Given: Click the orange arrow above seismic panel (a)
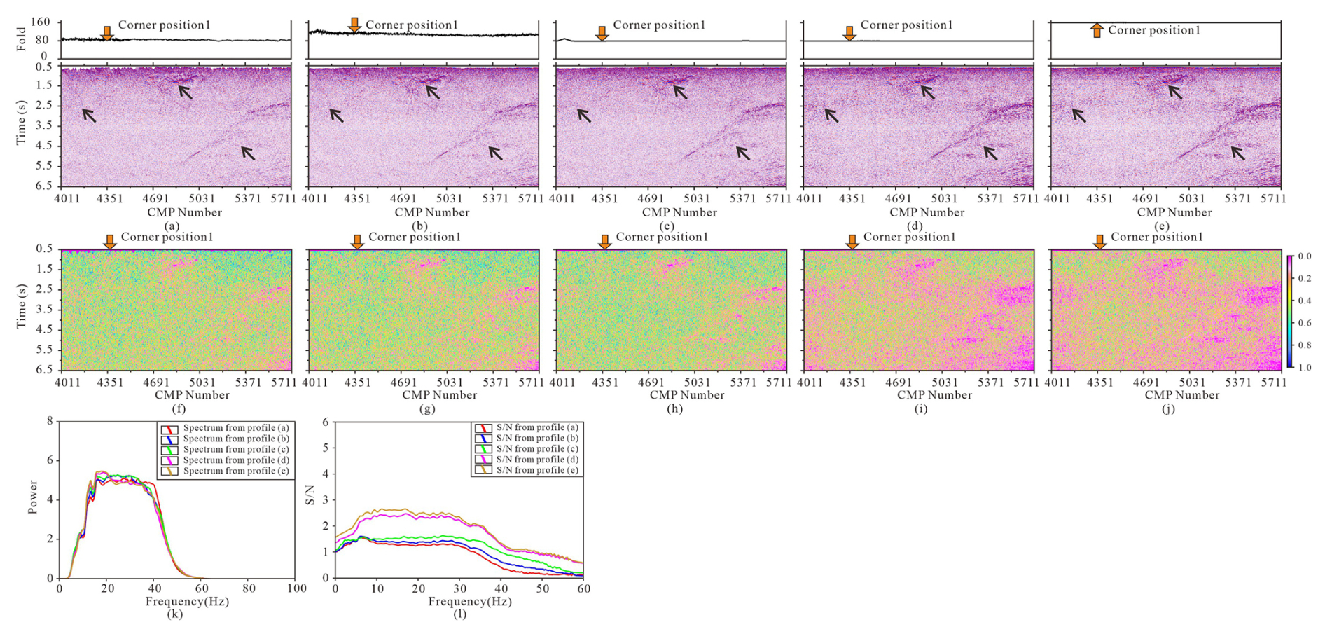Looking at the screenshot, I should [x=107, y=33].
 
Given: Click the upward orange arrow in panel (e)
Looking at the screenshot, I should [x=1097, y=30].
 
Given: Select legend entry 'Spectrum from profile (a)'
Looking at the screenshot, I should [x=235, y=428].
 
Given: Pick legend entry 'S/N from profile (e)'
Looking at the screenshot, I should [x=537, y=470].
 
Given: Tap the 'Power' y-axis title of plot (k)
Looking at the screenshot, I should [x=33, y=497].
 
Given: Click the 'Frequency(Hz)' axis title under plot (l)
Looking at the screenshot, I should [x=470, y=601].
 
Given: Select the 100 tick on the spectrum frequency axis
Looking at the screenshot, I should [x=296, y=588].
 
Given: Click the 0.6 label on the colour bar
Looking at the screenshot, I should [x=1305, y=323].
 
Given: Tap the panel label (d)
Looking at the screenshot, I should [x=914, y=226].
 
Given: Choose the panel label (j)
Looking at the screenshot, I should [x=1167, y=408].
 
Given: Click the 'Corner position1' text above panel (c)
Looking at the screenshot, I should [x=659, y=25].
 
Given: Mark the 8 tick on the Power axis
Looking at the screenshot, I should [x=50, y=421].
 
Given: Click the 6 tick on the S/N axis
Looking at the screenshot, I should [x=325, y=422].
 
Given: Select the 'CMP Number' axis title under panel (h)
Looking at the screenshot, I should [x=686, y=395].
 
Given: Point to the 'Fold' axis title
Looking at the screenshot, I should [x=21, y=40].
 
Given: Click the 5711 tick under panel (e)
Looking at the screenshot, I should [x=1272, y=199].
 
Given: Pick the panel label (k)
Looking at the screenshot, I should [x=174, y=614].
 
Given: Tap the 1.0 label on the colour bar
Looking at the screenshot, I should [x=1305, y=367].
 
